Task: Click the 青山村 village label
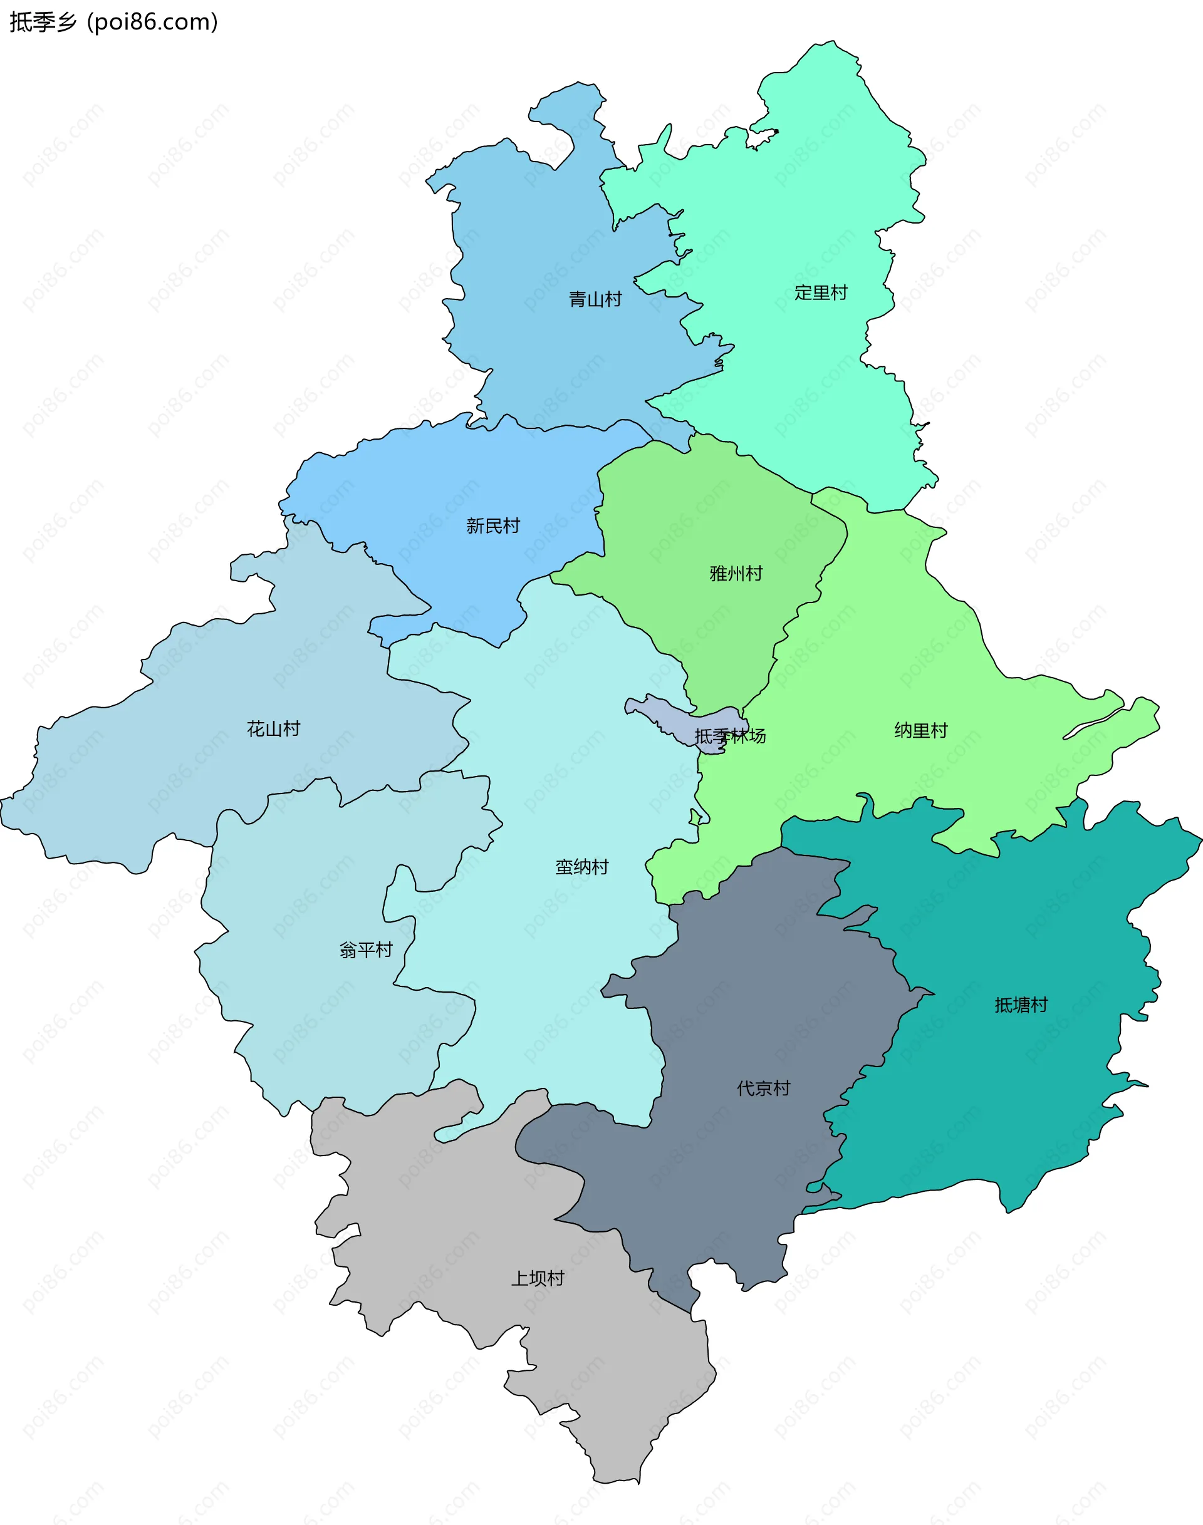[595, 299]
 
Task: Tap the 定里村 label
[821, 292]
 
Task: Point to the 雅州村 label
[736, 573]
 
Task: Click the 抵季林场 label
[730, 736]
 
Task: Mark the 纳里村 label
[920, 730]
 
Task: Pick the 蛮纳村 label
[582, 867]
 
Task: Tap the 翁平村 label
[365, 950]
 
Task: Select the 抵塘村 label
[1021, 1005]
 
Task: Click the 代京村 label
[764, 1088]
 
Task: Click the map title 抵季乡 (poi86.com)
[113, 22]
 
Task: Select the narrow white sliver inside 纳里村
[1091, 725]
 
